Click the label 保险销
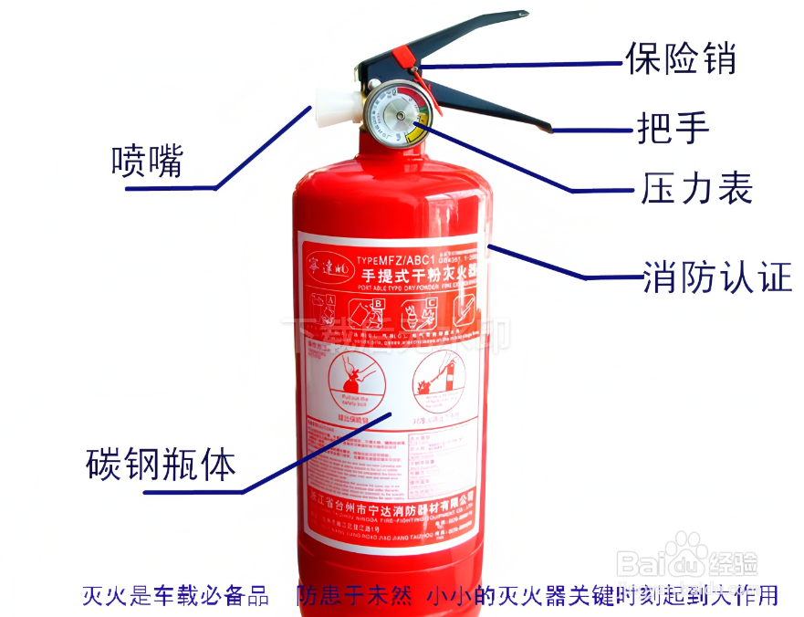click(x=680, y=58)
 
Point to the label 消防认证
click(x=717, y=277)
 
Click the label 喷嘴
click(x=147, y=162)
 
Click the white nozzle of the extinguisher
click(x=330, y=108)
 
